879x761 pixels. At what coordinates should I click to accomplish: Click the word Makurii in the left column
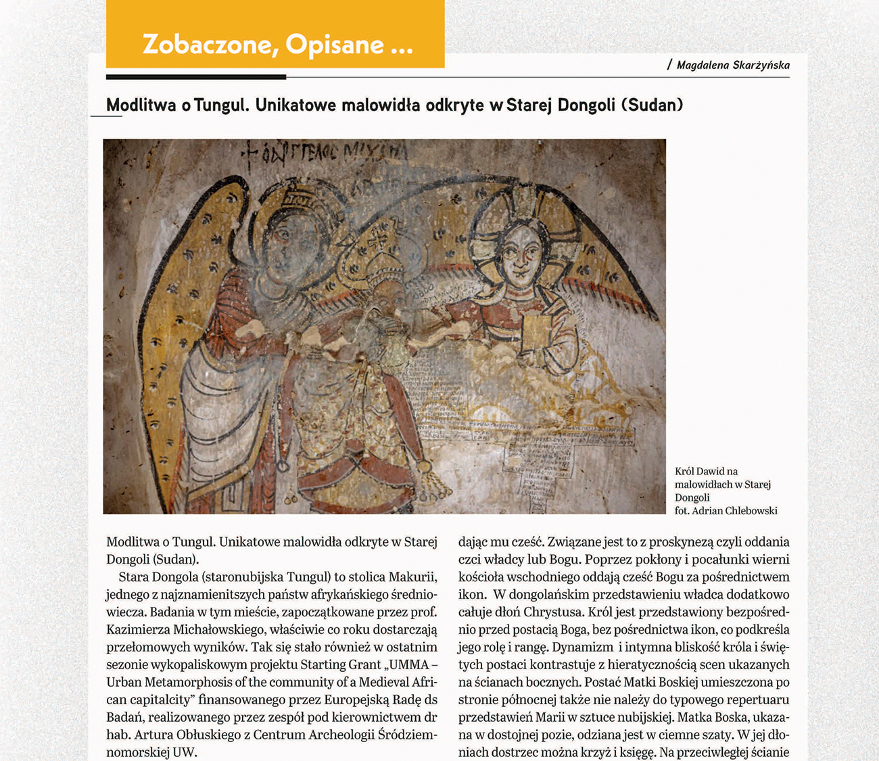(x=413, y=577)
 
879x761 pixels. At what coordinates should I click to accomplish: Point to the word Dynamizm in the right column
(x=586, y=647)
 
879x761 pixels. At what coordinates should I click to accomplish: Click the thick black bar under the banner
(x=196, y=76)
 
